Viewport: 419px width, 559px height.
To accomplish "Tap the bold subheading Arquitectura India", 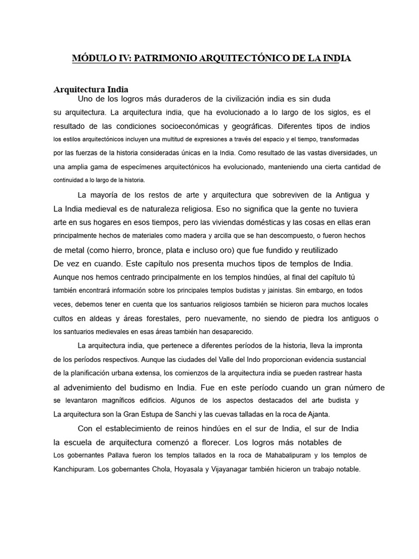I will (91, 90).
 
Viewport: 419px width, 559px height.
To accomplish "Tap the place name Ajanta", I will (317, 414).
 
